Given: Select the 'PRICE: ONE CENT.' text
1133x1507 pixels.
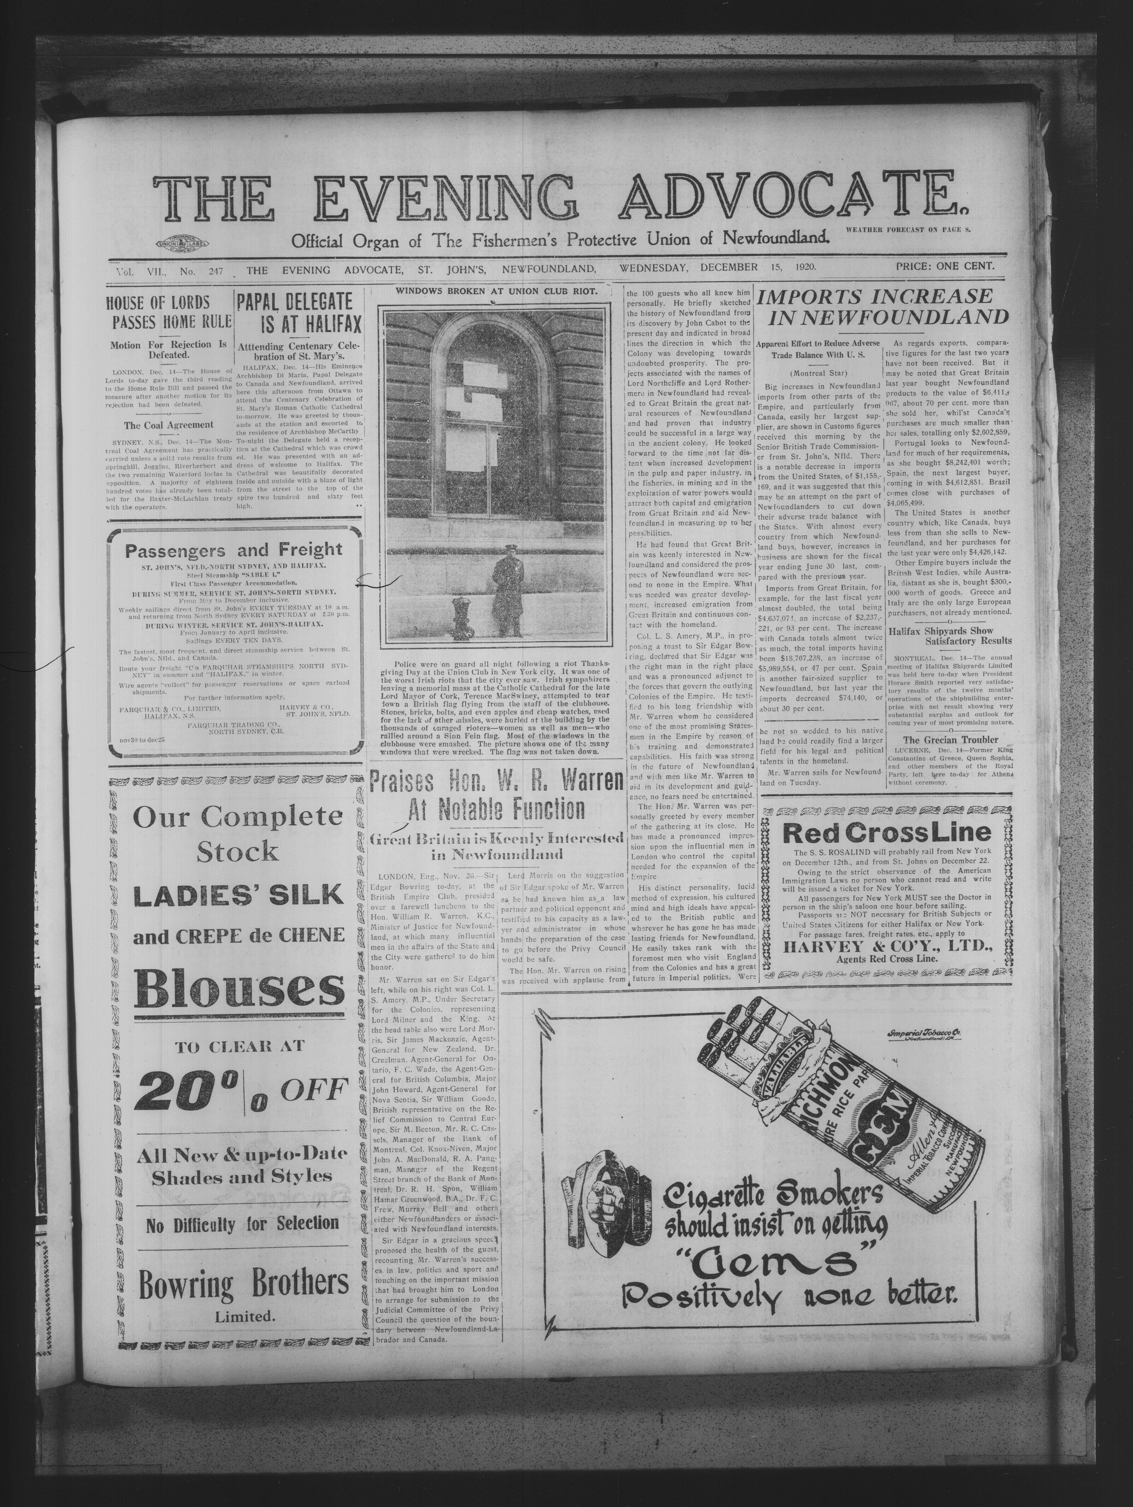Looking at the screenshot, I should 945,267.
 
